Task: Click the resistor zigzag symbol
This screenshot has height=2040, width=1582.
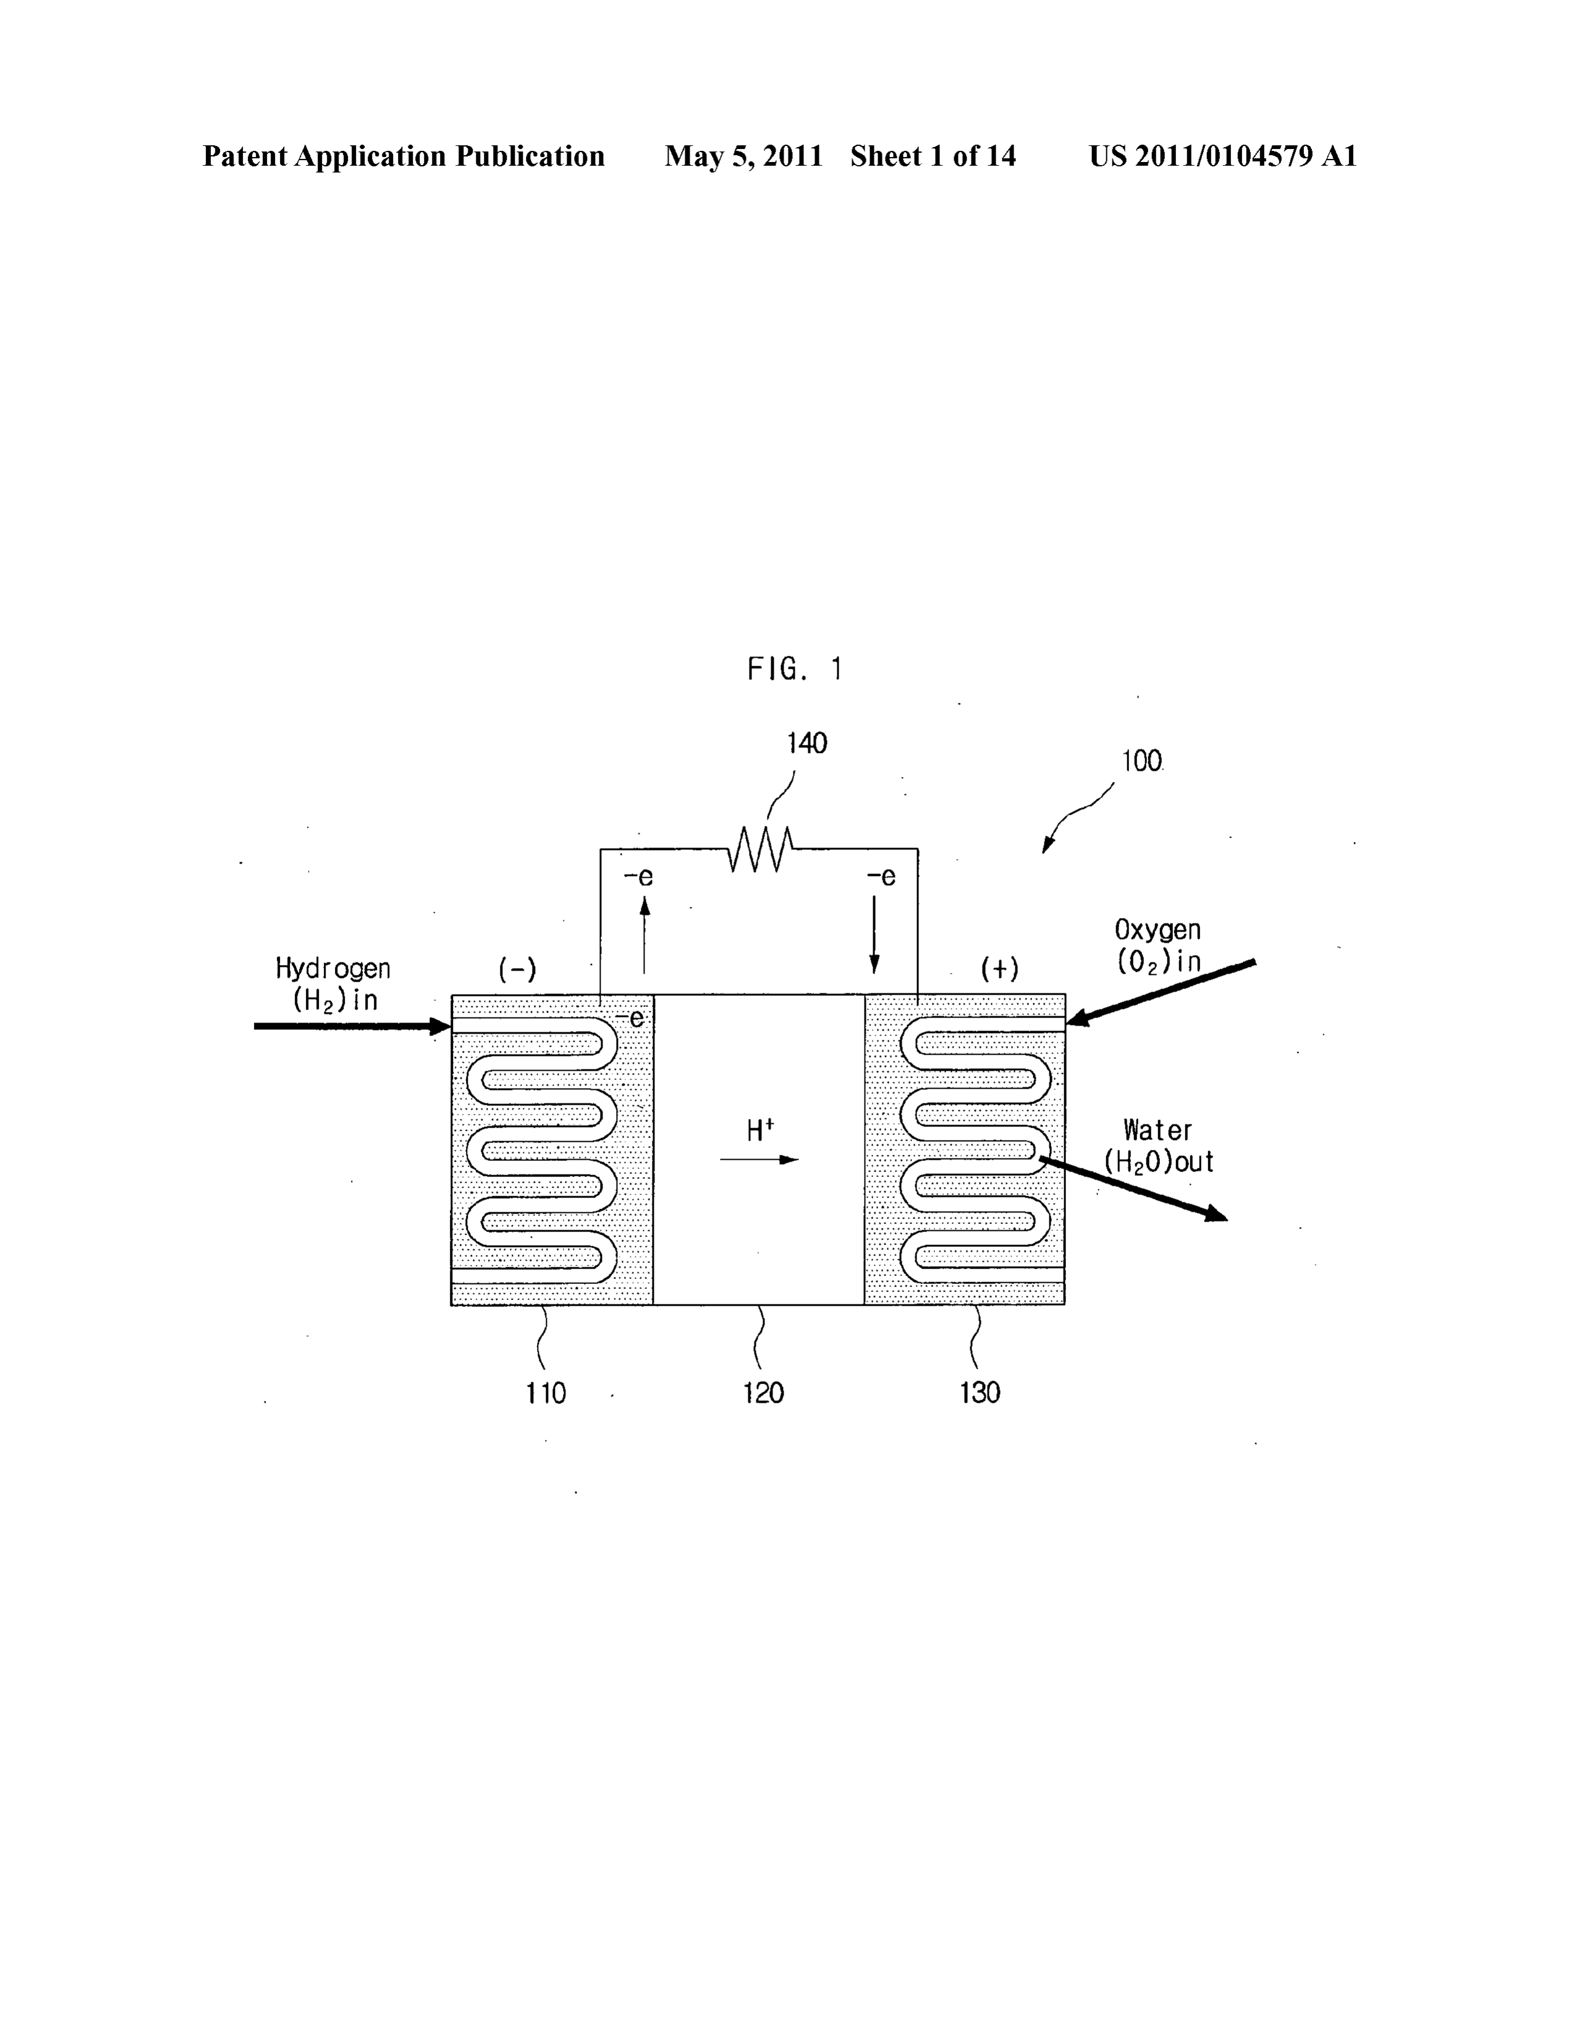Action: pos(761,848)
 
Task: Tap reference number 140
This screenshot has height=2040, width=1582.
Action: pos(807,744)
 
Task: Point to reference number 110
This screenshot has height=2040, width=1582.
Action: pos(546,1393)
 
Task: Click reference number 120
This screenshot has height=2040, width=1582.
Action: pos(763,1393)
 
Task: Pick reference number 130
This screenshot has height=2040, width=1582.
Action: pos(979,1393)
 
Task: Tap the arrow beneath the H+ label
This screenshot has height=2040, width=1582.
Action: pos(759,1160)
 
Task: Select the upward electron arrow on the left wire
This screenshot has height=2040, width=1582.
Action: pos(645,934)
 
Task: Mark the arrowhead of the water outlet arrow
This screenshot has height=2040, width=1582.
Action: pos(1217,1214)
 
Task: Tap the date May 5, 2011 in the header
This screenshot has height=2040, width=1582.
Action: pos(743,156)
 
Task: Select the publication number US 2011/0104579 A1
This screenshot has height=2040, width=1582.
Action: pos(1222,156)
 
